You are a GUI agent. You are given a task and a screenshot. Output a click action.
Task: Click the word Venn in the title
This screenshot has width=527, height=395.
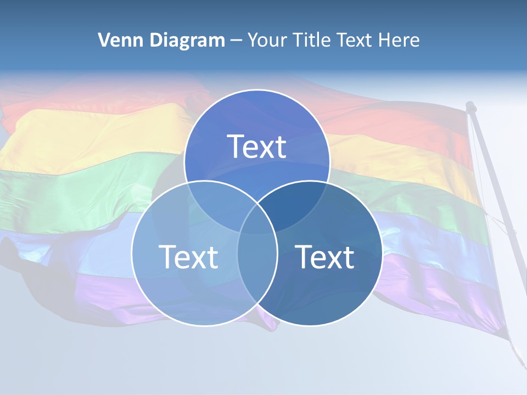pos(117,40)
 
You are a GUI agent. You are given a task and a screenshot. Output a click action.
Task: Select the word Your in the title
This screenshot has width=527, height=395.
pos(265,40)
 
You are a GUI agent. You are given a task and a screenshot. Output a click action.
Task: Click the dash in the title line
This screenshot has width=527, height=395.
pos(237,41)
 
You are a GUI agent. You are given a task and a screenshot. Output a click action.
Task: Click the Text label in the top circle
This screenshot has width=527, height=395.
pos(257,146)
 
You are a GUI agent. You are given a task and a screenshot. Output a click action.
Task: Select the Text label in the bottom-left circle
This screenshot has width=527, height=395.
pos(188,256)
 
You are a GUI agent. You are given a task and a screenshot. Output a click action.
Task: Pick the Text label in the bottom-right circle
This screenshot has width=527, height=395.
pos(324,256)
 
